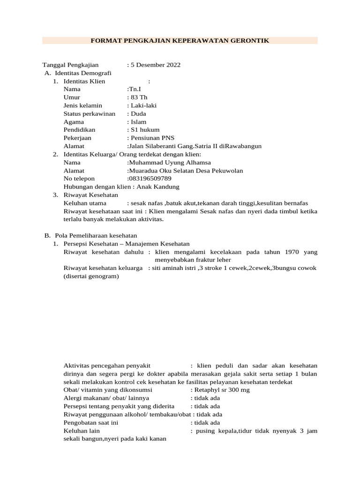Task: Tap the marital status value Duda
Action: pos(138,113)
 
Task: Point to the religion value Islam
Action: pos(138,122)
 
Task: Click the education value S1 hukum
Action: pos(145,130)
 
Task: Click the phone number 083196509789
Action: pos(149,179)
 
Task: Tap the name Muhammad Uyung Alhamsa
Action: pos(169,162)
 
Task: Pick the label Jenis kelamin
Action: pos(82,105)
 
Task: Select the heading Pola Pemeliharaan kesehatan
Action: pos(96,235)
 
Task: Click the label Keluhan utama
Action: pos(85,203)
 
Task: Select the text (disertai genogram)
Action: pos(91,276)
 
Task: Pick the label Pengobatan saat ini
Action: pos(90,422)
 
